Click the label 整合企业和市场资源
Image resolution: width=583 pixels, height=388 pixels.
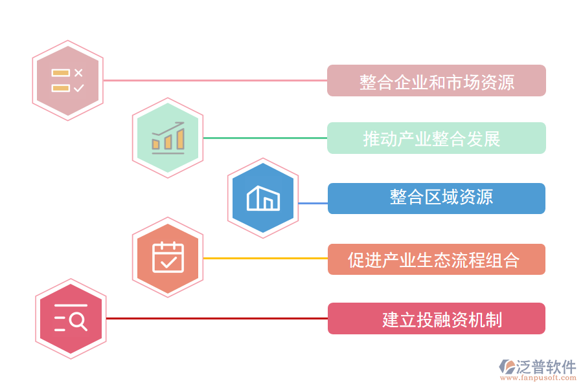coord(436,81)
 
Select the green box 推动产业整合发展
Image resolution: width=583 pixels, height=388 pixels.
coord(436,138)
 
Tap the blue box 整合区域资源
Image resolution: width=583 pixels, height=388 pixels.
coord(436,199)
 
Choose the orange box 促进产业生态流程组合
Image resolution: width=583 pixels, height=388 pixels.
coord(436,259)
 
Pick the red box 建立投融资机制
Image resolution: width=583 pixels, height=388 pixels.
coord(436,319)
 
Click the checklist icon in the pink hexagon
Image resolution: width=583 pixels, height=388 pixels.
coord(68,81)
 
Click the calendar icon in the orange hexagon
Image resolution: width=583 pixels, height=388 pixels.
coord(168,257)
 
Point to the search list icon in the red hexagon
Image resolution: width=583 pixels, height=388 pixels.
coord(70,318)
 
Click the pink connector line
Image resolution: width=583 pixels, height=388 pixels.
coord(214,81)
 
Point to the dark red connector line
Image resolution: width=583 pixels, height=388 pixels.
coord(217,318)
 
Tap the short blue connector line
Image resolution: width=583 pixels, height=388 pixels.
coord(313,203)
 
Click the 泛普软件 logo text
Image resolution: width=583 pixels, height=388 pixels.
coord(545,367)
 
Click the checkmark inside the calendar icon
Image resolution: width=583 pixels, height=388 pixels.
coord(168,262)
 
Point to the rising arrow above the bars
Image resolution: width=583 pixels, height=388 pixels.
coord(168,129)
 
